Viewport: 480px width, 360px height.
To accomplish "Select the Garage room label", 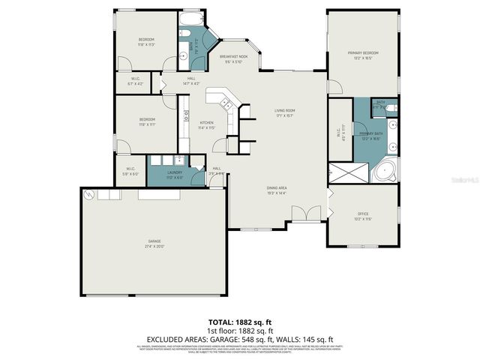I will click(154, 243).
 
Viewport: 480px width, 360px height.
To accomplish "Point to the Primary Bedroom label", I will click(362, 55).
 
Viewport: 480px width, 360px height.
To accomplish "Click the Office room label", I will click(362, 217).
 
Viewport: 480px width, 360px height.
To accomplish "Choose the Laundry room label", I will click(163, 174).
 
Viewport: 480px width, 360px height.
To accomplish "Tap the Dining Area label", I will click(277, 190).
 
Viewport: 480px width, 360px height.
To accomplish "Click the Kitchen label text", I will click(206, 124).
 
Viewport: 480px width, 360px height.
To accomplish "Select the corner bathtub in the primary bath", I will click(386, 171).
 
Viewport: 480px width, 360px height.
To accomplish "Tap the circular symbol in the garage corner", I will click(90, 195).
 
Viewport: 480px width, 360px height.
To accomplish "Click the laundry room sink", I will click(178, 160).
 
